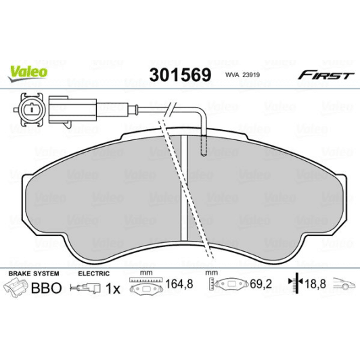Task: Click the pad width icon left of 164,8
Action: (143, 286)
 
